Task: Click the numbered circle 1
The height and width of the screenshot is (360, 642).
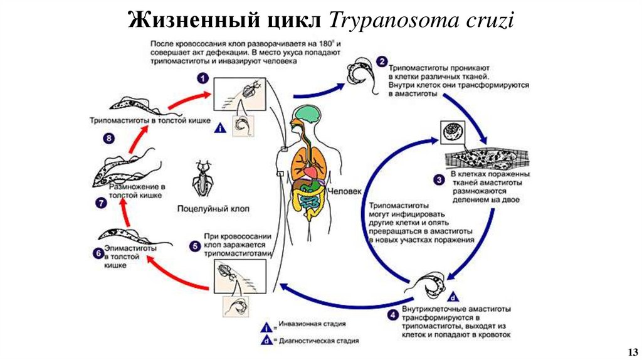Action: click(x=203, y=78)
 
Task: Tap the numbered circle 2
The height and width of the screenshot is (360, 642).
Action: click(x=381, y=61)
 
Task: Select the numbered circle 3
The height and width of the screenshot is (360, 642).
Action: click(x=439, y=179)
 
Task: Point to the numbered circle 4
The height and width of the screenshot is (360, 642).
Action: click(x=392, y=314)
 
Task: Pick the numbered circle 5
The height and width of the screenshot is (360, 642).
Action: click(x=195, y=245)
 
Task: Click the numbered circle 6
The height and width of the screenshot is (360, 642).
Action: click(x=97, y=253)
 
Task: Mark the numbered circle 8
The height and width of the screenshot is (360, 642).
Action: click(x=110, y=138)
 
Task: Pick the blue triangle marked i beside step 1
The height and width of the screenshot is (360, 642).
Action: click(x=220, y=128)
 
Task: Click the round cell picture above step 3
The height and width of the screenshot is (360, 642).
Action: click(x=452, y=132)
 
